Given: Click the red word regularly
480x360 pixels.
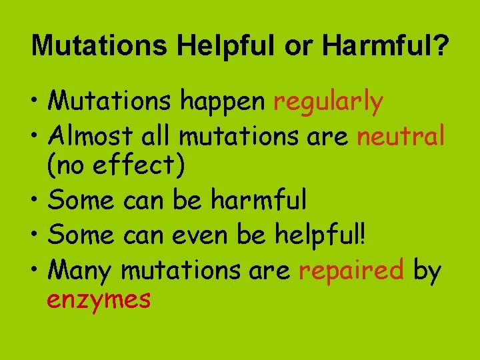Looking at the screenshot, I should [x=328, y=103].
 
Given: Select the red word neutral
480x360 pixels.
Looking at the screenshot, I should [x=401, y=137].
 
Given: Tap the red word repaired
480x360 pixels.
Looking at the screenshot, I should [x=351, y=271].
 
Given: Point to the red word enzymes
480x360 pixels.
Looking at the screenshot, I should [x=99, y=300].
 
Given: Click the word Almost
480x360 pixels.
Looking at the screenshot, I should [x=91, y=136].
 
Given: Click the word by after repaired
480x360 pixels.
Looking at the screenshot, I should [x=427, y=271].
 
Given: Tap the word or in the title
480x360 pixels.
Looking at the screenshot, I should [x=300, y=46].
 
